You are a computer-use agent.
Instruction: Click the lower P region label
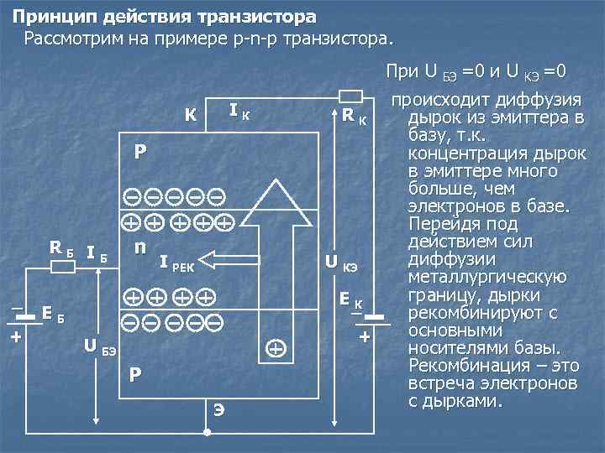click(x=135, y=374)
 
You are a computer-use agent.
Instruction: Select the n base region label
click(x=140, y=247)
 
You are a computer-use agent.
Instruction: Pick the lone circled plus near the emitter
click(x=275, y=346)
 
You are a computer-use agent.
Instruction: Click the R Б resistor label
click(x=60, y=248)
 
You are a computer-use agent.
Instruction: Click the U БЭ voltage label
click(x=99, y=345)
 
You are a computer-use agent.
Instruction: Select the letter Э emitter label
click(x=218, y=409)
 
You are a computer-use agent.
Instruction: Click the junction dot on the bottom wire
click(x=207, y=435)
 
